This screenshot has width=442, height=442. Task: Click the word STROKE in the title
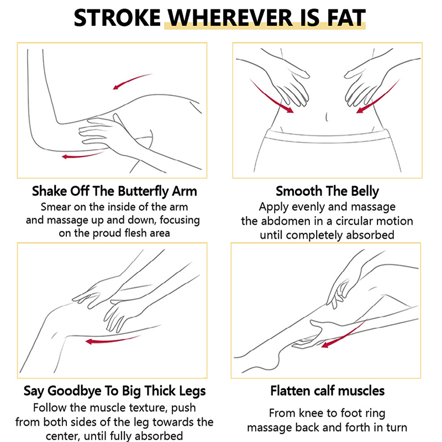coord(117,18)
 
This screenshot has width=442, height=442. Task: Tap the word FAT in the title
coord(346,18)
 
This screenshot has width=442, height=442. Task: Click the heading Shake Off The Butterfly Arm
coord(114,191)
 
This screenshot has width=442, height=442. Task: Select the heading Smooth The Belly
coord(327,191)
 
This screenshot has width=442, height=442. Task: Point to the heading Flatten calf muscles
coord(327,391)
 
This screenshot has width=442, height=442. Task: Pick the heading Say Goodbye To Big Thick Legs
coord(114,391)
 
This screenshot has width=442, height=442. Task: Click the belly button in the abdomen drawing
coord(327,117)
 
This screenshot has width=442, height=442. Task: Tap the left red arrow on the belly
coord(271,97)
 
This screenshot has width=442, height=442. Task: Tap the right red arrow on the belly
coord(379,97)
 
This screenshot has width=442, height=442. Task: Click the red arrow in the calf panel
coord(344,335)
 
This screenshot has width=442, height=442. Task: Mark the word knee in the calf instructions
coord(311,413)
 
